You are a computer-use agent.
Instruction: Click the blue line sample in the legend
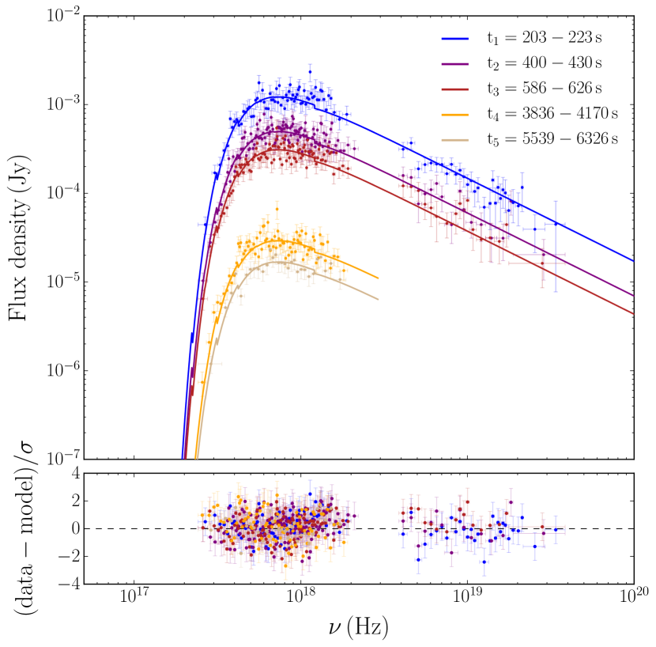(457, 37)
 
